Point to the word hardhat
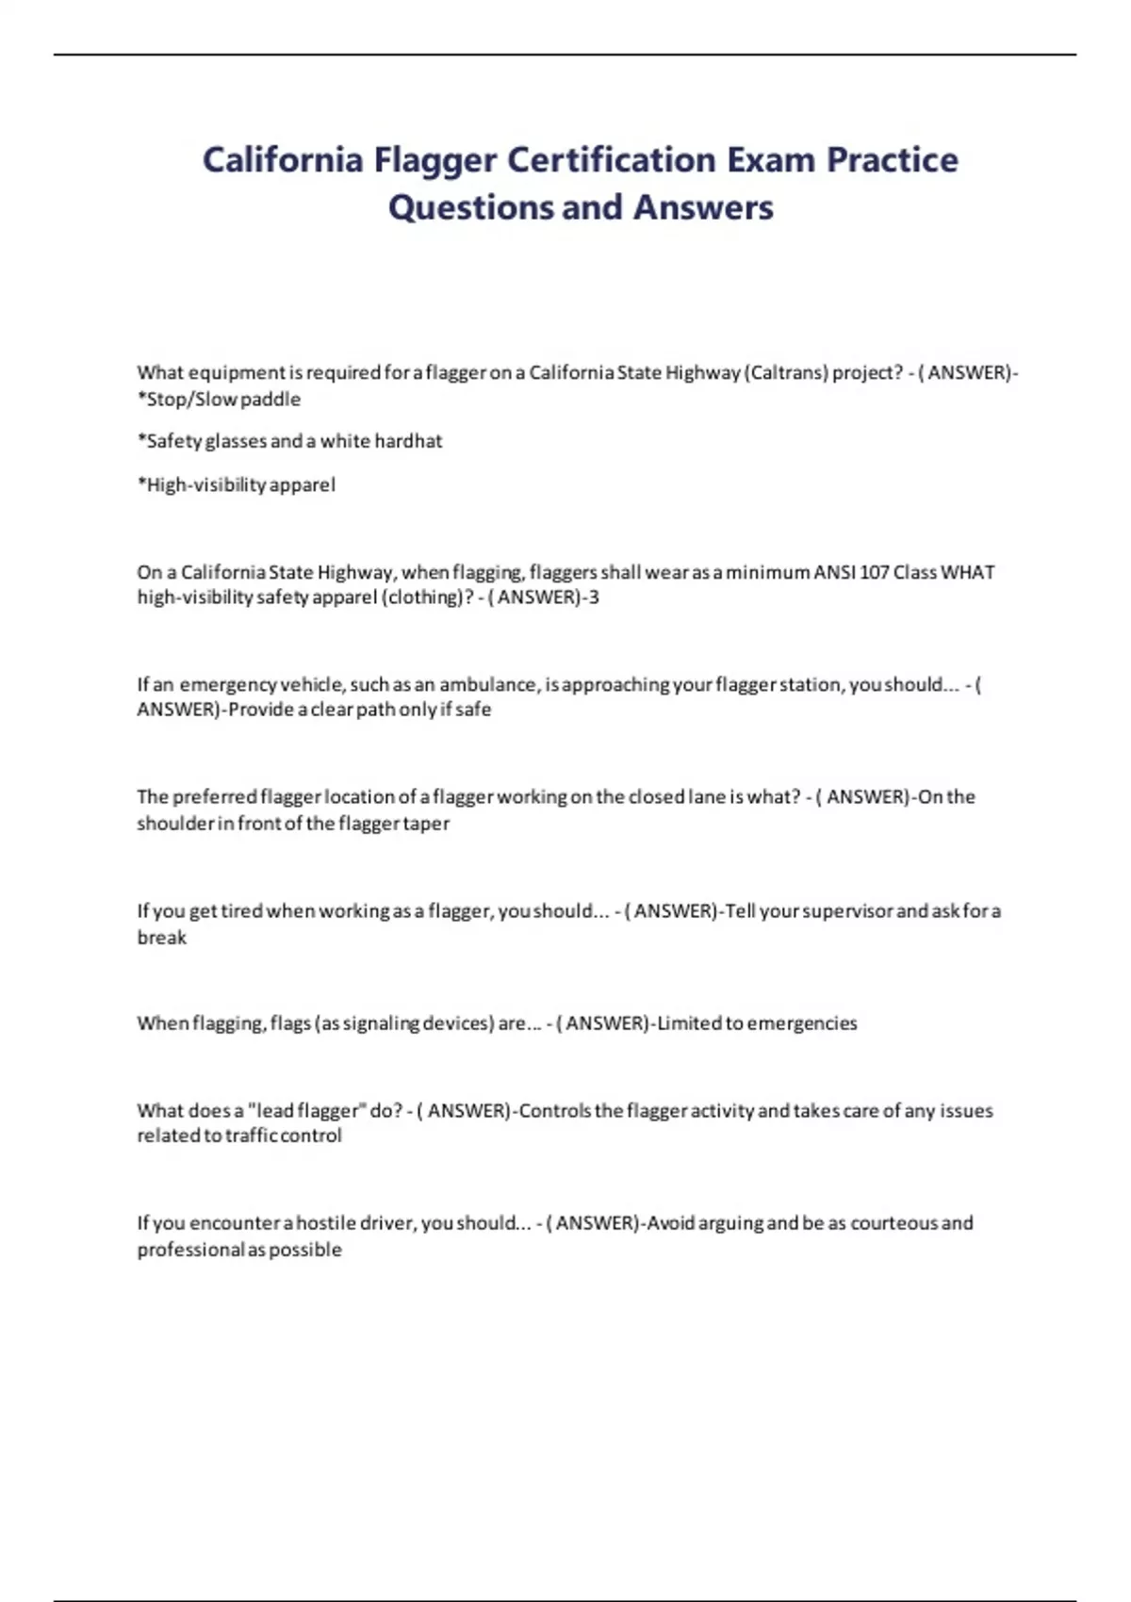pos(408,441)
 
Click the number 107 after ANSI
pos(874,572)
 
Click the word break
pos(162,938)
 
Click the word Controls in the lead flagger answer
pos(555,1111)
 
